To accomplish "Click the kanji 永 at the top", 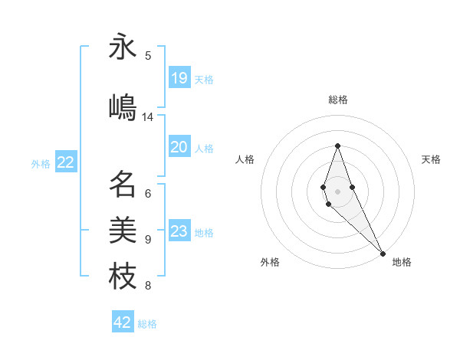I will (x=123, y=47).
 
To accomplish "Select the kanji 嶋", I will (x=123, y=107).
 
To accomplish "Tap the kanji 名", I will (x=123, y=185).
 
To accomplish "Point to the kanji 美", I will (x=123, y=230).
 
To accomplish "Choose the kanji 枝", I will (x=123, y=277).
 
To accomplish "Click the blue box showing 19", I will (x=179, y=78).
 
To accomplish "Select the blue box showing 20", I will (x=179, y=147).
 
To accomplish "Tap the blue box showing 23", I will (x=179, y=231).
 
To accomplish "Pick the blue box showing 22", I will (x=66, y=162).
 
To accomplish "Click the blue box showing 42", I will (x=123, y=322).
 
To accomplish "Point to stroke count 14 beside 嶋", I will (x=148, y=117).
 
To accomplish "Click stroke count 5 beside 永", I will (x=148, y=55).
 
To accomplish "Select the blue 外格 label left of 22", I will (x=41, y=163).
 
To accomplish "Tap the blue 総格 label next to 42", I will (x=147, y=324).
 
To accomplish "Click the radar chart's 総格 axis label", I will (x=338, y=100).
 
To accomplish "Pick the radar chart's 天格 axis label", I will (x=432, y=159).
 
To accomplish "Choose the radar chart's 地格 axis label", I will (x=402, y=263).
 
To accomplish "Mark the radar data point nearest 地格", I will (x=383, y=252).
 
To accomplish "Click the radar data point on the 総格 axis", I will (x=337, y=146).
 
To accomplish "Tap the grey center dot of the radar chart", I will (x=337, y=191).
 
